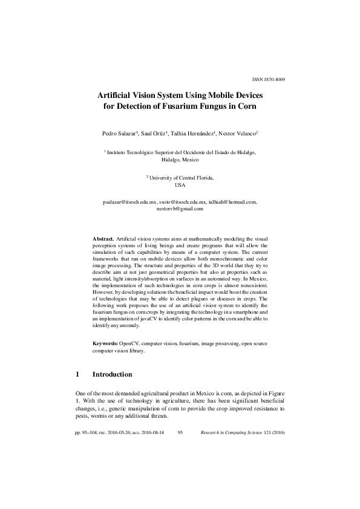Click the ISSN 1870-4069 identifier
coord(268,79)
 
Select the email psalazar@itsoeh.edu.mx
coord(130,203)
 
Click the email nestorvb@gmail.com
coord(180,209)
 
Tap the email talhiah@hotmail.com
coord(234,203)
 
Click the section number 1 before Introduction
coord(77,375)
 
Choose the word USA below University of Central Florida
coord(180,185)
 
